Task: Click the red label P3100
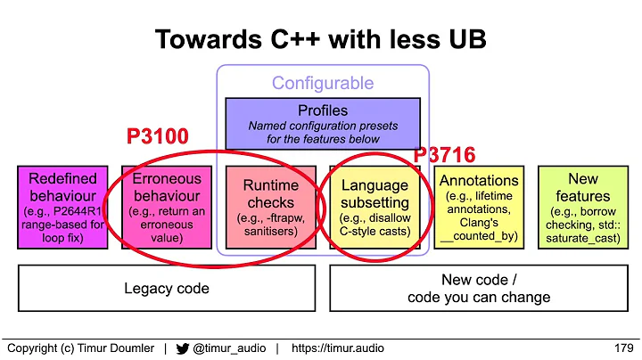(157, 136)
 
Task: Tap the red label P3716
(443, 155)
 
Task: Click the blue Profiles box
(323, 123)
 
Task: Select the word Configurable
(323, 85)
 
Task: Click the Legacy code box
(167, 288)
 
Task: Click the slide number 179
(623, 348)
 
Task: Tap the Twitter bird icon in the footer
(181, 348)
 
